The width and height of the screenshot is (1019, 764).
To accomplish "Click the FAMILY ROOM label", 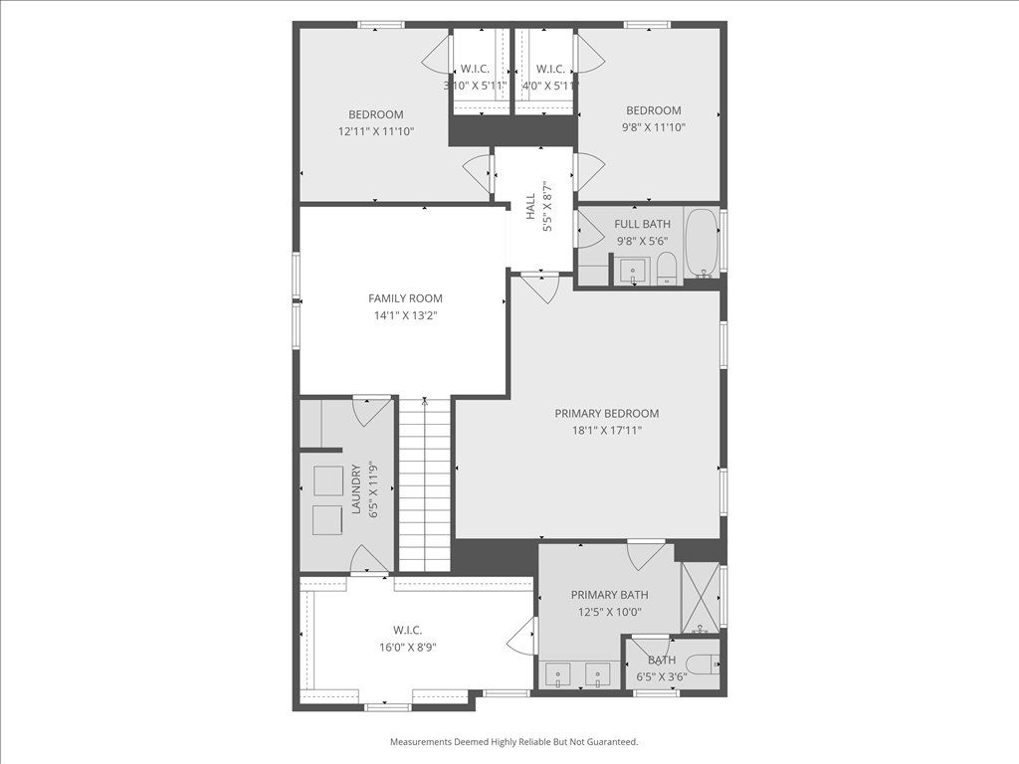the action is pos(405,298).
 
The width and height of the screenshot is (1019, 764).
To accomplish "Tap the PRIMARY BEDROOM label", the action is pos(606,413).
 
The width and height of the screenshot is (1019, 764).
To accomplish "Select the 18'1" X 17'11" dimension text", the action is pos(606,430).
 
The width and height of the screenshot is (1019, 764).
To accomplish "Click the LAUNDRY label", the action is pos(356,488).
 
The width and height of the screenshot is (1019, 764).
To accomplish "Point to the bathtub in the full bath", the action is pos(701,243).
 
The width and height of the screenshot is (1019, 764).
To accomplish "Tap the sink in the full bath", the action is pos(632,271).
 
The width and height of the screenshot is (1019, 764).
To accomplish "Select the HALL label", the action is pos(531,206).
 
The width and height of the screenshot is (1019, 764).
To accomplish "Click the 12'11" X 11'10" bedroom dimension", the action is pos(375,131).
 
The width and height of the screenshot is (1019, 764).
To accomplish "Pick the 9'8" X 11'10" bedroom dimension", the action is pos(653,127).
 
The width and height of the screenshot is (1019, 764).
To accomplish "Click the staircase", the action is pos(424,484).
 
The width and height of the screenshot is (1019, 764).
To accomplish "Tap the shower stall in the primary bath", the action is pos(700,598).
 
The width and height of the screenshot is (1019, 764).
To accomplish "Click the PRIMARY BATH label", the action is pos(609,595).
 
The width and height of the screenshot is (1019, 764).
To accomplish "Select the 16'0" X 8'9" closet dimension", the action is pos(407,647).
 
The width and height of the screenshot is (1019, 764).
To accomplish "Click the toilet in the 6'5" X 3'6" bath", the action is pos(705,664).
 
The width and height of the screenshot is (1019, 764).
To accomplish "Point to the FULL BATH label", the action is pos(642,224).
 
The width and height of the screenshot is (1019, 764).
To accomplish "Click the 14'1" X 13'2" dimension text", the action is pos(405,315).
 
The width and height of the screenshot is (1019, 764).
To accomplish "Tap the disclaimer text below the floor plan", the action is pos(513,741).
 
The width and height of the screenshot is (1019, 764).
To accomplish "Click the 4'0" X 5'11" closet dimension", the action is pos(549,86).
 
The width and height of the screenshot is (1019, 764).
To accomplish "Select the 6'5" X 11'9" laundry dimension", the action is pos(373,488).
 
